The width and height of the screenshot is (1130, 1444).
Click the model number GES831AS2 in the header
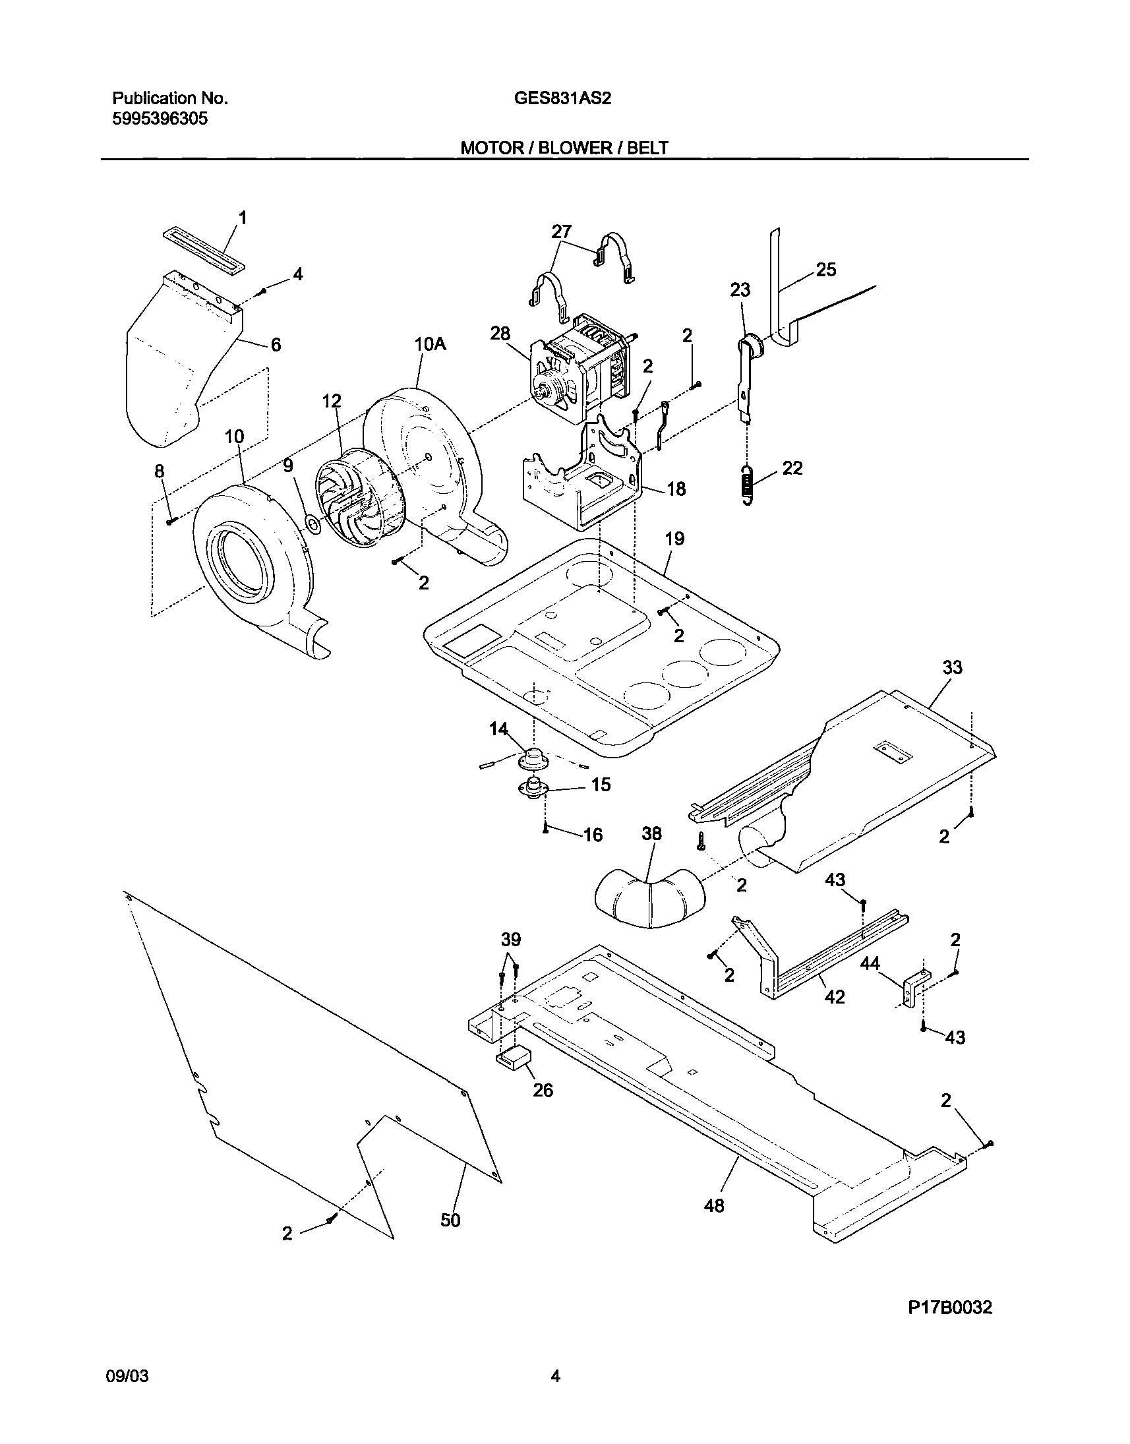tap(562, 99)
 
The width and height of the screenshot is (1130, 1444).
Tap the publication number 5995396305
tap(160, 119)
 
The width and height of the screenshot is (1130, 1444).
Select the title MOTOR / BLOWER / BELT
tap(564, 148)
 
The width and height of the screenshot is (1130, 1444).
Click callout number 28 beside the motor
tap(500, 334)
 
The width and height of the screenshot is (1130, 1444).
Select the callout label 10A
tap(430, 344)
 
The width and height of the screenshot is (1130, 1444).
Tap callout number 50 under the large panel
tap(450, 1220)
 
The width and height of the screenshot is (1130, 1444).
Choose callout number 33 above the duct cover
tap(952, 667)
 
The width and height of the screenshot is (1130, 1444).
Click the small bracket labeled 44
tap(914, 990)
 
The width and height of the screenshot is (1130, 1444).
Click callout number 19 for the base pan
tap(674, 539)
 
